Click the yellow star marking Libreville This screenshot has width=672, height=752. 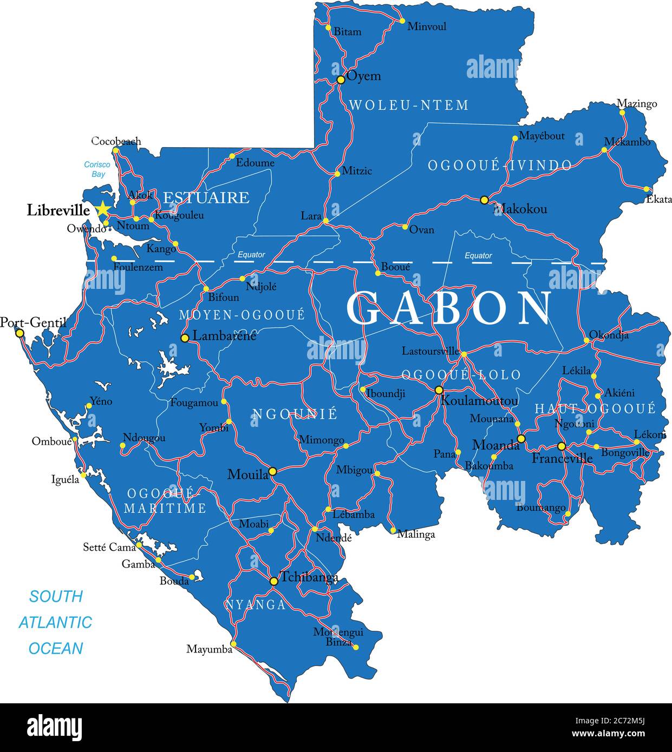[102, 209]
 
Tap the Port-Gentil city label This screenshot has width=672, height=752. [33, 323]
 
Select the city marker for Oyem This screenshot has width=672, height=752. [341, 80]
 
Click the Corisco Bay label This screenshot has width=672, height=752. [97, 169]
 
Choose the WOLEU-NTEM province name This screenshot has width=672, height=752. [409, 105]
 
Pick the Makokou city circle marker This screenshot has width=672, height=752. [485, 200]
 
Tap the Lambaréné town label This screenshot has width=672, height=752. [224, 336]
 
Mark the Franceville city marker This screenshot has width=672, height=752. [562, 446]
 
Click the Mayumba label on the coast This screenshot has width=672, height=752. [209, 649]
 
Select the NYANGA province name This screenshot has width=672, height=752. [256, 605]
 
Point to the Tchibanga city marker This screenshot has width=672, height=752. [274, 581]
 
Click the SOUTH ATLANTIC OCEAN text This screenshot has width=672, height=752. [56, 622]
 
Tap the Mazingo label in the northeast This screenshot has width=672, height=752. [637, 104]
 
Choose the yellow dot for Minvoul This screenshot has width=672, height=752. [402, 21]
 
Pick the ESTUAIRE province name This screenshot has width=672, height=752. [206, 197]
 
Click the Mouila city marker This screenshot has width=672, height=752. [273, 472]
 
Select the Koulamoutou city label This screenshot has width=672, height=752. [479, 401]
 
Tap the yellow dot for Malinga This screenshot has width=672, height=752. [393, 530]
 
